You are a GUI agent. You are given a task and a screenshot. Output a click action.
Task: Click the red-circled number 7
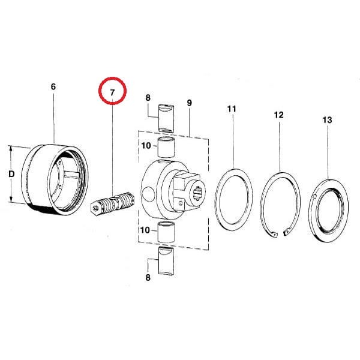point(112,92)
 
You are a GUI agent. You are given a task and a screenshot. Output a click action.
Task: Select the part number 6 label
point(53,87)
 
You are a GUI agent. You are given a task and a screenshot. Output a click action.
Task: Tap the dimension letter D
point(11,174)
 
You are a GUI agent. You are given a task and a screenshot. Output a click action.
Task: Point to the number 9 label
point(189,103)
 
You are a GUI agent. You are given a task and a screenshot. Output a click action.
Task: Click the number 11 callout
point(232,109)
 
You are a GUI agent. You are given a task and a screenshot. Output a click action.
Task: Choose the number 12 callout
point(279,115)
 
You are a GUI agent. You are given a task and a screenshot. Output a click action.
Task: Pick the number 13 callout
point(327,120)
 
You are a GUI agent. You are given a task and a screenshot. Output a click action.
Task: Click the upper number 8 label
point(148,98)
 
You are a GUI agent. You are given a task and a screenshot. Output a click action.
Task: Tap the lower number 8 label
point(148,277)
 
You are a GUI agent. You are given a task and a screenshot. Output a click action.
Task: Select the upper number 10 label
point(146,146)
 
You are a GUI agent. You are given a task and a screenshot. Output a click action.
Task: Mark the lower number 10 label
point(145,230)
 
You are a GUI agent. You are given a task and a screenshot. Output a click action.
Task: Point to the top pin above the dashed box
point(166,118)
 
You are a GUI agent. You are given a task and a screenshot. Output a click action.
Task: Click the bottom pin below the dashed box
point(166,261)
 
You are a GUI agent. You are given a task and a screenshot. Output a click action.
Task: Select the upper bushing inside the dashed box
point(166,147)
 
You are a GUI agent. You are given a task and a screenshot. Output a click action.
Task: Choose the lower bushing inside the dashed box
point(166,232)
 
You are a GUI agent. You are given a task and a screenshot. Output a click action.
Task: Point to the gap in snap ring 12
point(281,234)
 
